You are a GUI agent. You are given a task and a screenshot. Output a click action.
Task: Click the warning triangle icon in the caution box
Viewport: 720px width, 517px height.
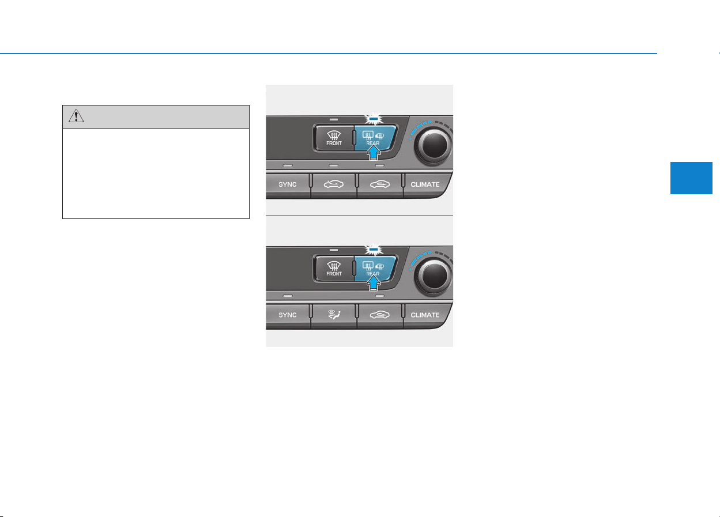(76, 116)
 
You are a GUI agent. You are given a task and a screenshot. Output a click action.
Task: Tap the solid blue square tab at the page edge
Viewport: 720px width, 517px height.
(691, 178)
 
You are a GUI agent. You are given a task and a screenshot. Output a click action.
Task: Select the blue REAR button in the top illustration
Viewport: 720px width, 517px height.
(375, 138)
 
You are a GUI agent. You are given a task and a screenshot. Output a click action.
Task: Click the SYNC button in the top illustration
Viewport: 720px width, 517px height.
(288, 185)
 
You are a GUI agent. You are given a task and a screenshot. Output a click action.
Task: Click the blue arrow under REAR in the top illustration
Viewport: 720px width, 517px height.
(374, 152)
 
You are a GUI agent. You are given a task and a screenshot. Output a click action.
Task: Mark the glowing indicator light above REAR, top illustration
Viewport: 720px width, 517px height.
(374, 119)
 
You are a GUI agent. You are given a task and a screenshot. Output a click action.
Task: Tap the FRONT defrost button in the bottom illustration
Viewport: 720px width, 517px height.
(334, 269)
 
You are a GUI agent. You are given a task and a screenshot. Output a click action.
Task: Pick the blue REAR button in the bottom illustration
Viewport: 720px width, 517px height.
(375, 269)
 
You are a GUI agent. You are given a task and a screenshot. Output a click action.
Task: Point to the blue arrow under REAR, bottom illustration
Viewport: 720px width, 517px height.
(374, 283)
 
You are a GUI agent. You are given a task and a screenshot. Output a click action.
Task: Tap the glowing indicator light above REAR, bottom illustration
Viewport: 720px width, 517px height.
(374, 249)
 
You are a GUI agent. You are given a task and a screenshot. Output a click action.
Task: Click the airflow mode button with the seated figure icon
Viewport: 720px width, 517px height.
(334, 315)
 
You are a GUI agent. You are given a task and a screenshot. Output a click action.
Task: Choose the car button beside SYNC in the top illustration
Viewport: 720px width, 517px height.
(334, 185)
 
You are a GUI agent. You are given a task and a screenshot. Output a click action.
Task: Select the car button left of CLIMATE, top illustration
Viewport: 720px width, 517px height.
(380, 185)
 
